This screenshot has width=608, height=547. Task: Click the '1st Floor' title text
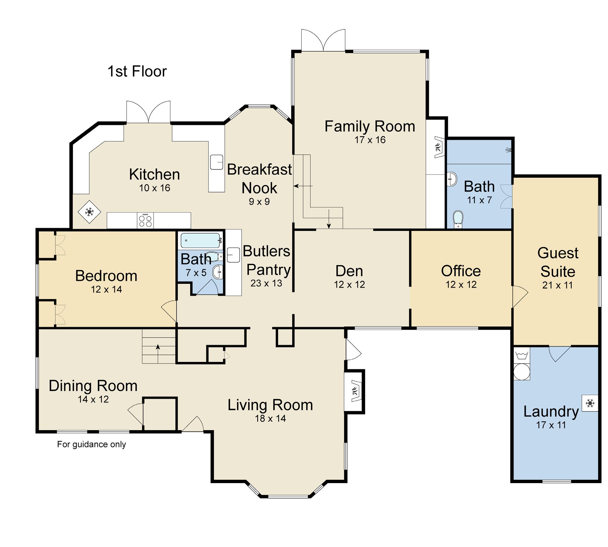click(137, 72)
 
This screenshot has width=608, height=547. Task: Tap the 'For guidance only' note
click(92, 444)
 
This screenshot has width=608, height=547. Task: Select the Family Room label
click(370, 126)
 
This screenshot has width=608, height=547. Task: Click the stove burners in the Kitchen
click(145, 220)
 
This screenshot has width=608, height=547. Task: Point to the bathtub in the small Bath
click(200, 241)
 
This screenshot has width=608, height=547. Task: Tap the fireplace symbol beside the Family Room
click(439, 147)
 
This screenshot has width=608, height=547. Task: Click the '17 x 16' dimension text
click(370, 140)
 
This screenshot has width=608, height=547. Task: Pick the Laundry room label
click(551, 412)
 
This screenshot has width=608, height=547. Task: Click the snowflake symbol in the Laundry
click(590, 403)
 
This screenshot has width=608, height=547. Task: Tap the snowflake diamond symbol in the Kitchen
click(90, 212)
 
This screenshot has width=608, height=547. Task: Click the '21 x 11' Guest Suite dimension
click(558, 285)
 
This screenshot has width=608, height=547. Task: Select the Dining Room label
click(93, 386)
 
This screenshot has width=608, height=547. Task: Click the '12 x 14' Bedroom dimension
click(106, 289)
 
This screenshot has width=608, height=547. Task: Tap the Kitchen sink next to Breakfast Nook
click(216, 162)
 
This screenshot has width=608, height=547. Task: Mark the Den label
click(349, 271)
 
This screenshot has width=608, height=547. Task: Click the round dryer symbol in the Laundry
click(522, 372)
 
